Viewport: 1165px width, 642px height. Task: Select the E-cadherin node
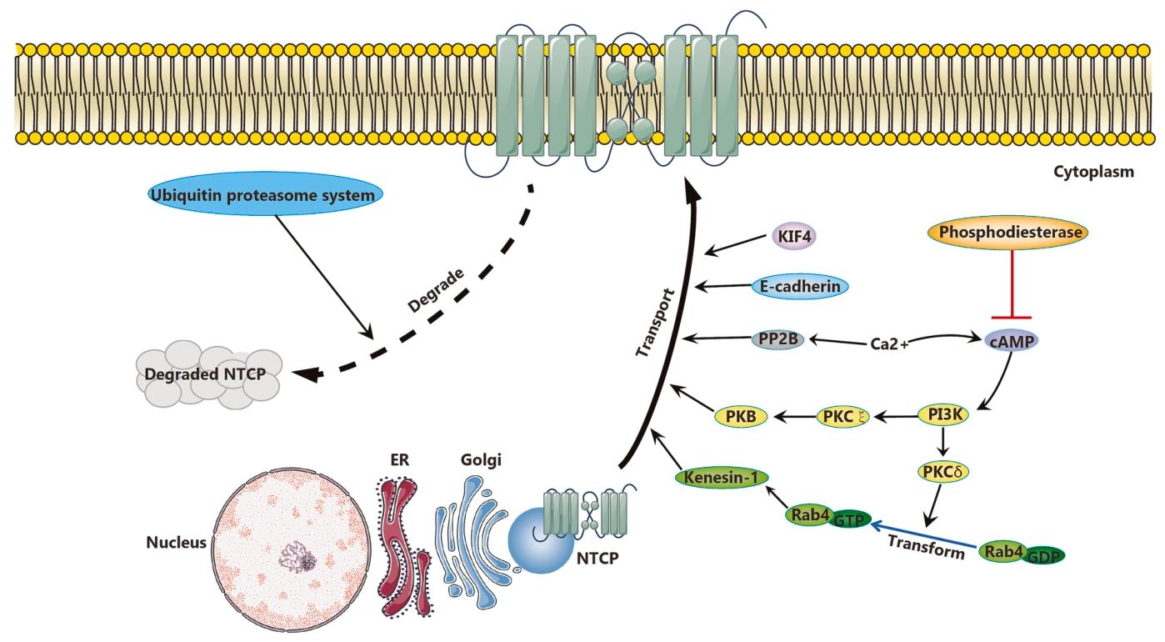799,286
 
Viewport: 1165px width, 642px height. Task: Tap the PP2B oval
776,339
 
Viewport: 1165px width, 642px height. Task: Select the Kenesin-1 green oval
722,478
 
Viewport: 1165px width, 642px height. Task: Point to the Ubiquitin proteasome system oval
266,195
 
